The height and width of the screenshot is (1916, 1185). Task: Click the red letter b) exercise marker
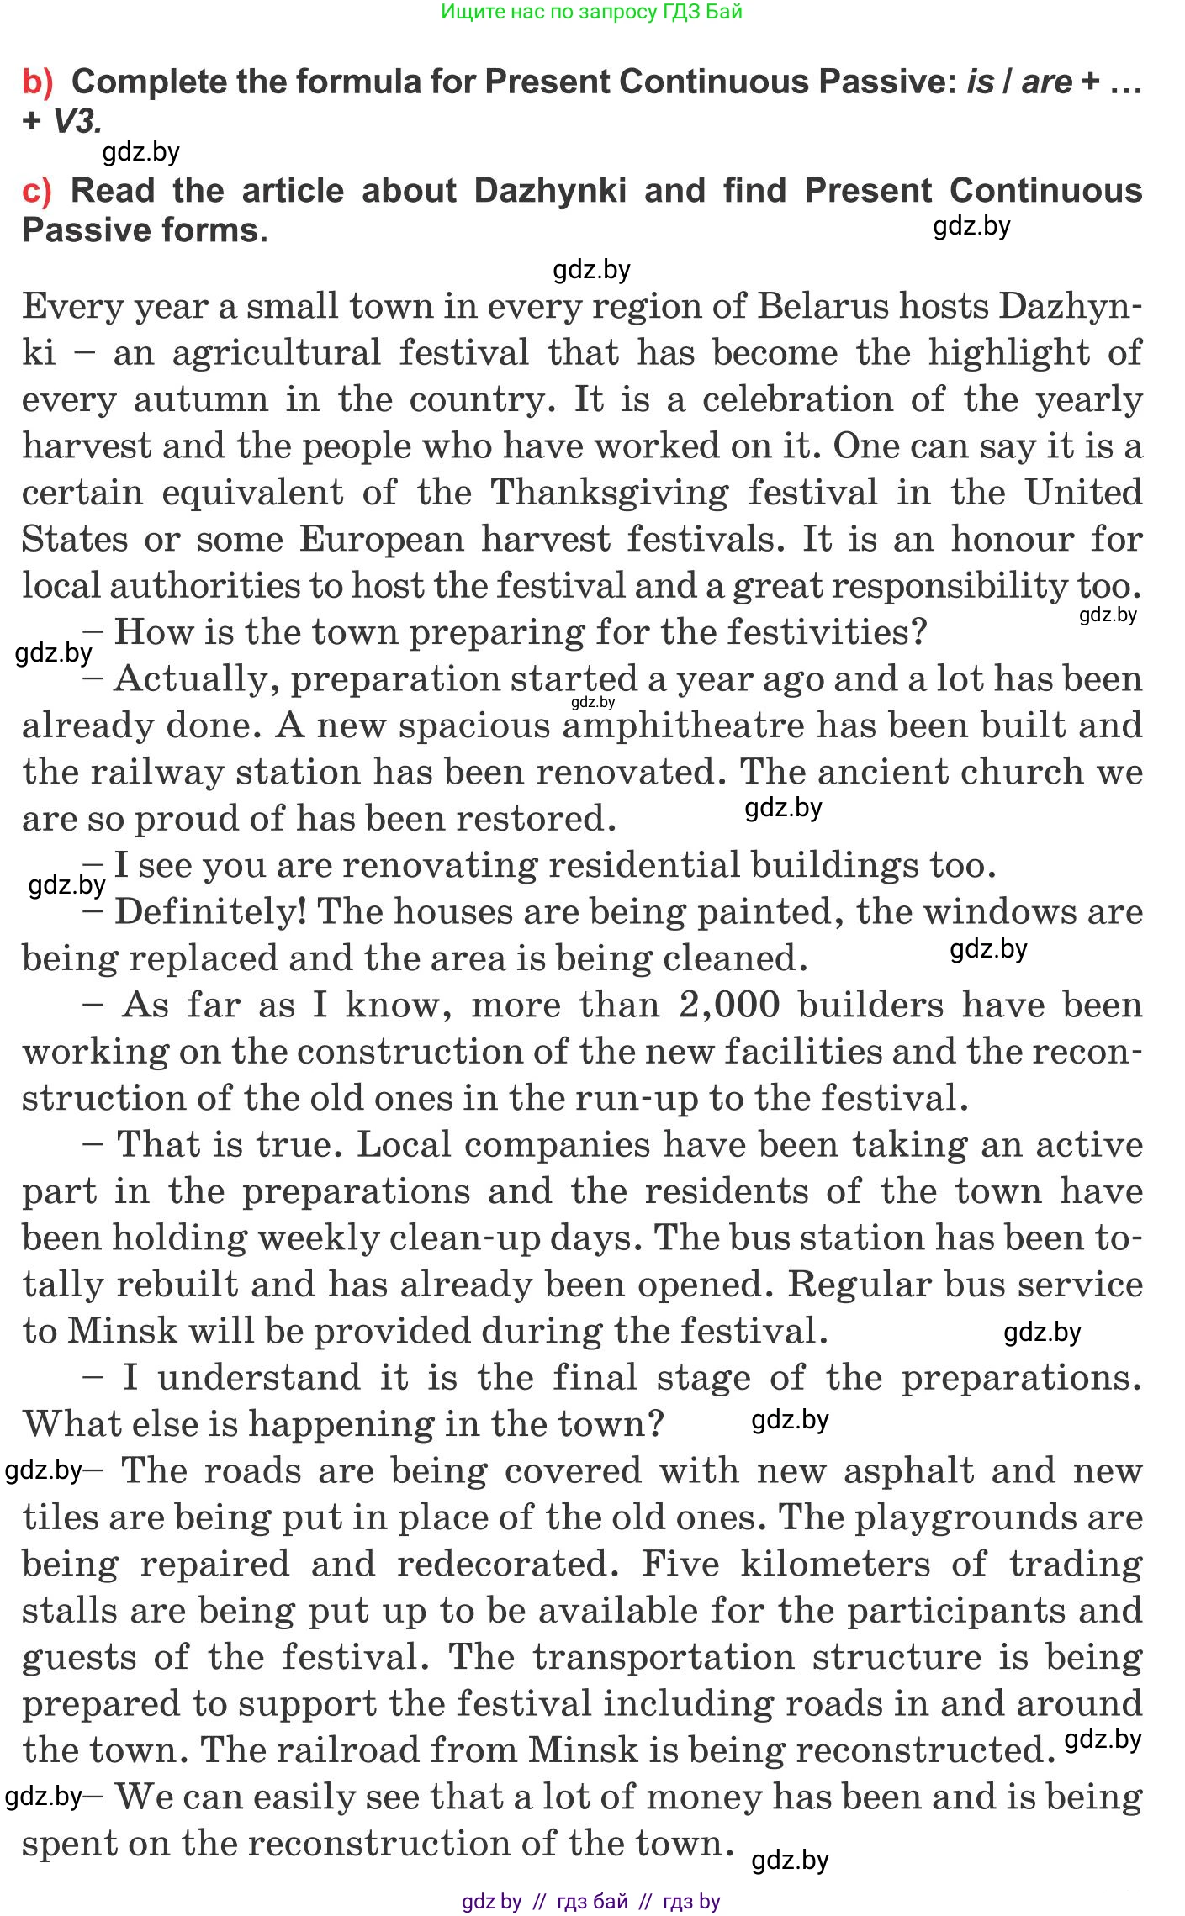pos(38,82)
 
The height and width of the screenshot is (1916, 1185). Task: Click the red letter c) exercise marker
pos(37,192)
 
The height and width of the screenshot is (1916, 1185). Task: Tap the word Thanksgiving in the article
pos(609,494)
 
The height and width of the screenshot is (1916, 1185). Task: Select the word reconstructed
pos(924,1751)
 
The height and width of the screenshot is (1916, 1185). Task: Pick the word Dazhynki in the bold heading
pos(550,192)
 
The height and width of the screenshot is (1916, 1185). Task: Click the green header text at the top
pos(591,12)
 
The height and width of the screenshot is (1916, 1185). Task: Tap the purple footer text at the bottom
pos(591,1902)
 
